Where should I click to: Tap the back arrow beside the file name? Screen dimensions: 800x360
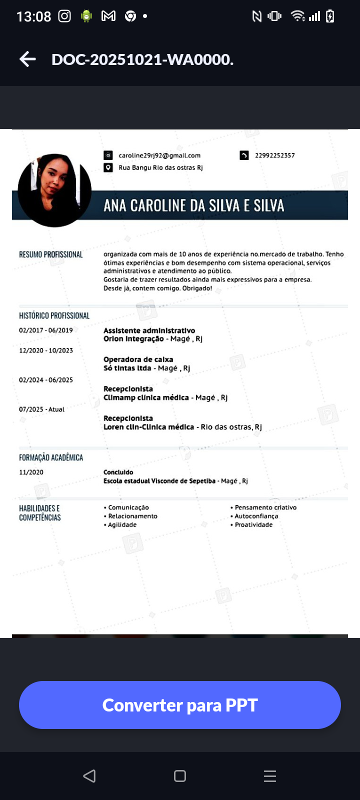pos(28,59)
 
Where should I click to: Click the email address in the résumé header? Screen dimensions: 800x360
pos(159,155)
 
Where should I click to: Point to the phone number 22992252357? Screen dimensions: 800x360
pos(274,155)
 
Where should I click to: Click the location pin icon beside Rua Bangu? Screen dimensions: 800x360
pos(108,167)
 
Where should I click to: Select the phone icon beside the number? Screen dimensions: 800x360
pos(244,155)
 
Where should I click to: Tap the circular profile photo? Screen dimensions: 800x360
pos(54,190)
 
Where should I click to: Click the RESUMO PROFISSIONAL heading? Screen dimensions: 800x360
pos(50,254)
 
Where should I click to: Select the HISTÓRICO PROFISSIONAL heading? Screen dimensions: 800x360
pos(54,316)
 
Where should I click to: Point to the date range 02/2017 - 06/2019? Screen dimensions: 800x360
pos(46,330)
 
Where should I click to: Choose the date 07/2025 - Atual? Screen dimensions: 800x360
pos(41,409)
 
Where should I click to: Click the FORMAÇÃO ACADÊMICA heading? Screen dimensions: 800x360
pos(51,457)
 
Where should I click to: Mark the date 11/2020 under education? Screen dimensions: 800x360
pos(31,472)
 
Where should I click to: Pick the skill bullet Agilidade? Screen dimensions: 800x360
pos(121,525)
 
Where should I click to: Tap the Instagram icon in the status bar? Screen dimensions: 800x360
pos(64,16)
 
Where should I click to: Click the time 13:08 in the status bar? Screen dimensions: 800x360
pos(33,16)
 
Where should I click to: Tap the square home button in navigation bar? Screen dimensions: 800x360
pos(180,776)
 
